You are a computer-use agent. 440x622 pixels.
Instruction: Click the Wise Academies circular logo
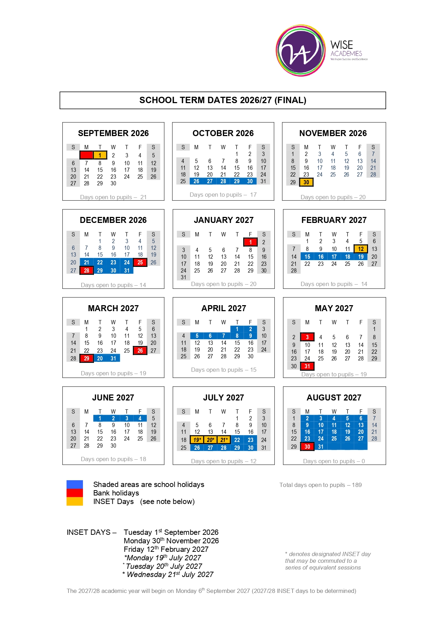301,50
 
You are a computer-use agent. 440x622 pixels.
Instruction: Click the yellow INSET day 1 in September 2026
100,155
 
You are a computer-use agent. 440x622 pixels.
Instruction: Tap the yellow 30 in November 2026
306,182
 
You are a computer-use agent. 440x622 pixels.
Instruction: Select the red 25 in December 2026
140,263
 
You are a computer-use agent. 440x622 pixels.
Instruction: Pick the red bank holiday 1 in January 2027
250,242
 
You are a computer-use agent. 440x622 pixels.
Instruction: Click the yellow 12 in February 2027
361,249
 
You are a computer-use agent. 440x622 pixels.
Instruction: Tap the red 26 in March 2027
140,351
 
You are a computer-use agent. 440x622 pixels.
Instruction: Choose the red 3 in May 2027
307,337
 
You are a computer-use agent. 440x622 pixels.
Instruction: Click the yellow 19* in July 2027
197,440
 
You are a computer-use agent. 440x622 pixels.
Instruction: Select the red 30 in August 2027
307,447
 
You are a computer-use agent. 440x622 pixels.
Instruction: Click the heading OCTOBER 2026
223,133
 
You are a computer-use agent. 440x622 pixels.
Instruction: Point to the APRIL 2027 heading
224,308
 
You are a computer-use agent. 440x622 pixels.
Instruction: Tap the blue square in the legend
74,484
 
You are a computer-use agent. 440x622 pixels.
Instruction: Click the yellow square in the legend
74,501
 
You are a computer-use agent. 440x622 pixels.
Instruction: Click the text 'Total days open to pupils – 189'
321,485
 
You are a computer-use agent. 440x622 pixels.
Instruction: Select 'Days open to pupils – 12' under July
224,461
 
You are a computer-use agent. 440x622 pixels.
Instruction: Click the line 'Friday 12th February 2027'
166,549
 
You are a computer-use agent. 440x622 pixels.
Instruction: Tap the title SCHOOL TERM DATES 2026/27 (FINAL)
223,100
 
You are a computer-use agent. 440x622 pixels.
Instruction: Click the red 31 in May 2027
307,366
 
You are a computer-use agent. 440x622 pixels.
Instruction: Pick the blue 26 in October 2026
196,181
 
